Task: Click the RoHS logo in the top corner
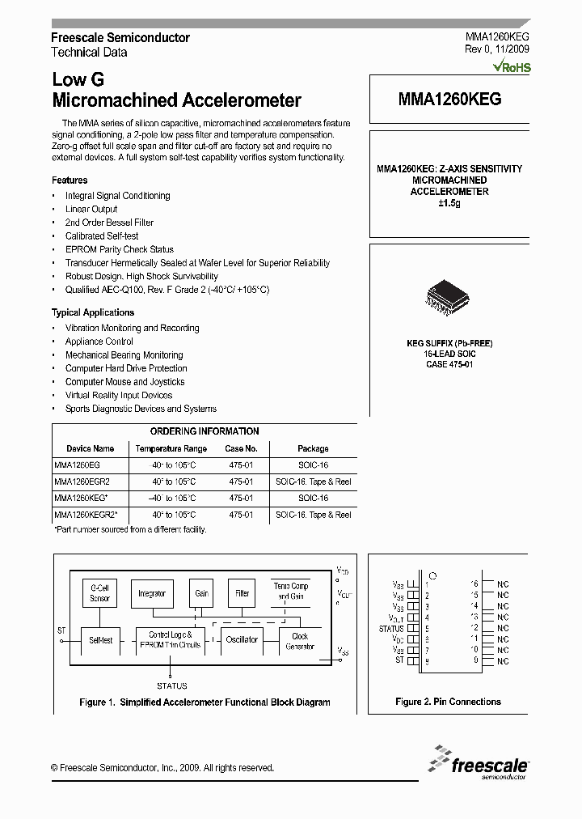tap(512, 67)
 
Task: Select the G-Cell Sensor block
tap(99, 593)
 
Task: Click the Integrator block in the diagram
tap(151, 593)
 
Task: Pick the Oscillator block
tap(241, 639)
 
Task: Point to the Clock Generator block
tap(299, 641)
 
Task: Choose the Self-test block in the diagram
tap(100, 639)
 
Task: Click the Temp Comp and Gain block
tap(290, 591)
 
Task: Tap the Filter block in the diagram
tap(242, 593)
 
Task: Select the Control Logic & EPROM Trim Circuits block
tap(170, 639)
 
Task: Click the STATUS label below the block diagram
tap(171, 685)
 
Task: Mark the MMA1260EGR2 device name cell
tap(77, 482)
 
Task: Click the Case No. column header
tap(241, 448)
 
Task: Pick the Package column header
tap(313, 448)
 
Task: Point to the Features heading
tap(70, 180)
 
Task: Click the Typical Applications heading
tap(93, 312)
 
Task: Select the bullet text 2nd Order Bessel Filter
tap(109, 223)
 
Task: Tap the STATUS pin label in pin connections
tap(390, 628)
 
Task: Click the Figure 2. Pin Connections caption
tap(448, 702)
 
